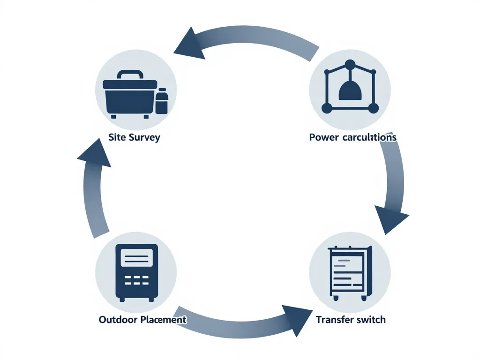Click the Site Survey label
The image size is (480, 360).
tap(134, 138)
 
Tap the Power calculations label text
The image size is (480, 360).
tap(352, 137)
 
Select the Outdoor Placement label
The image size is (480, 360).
tap(142, 320)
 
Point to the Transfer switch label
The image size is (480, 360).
tap(351, 320)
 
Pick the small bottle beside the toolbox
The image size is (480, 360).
tap(162, 101)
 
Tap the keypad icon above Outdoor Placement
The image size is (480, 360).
tap(136, 272)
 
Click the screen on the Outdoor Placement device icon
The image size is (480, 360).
tap(136, 258)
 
